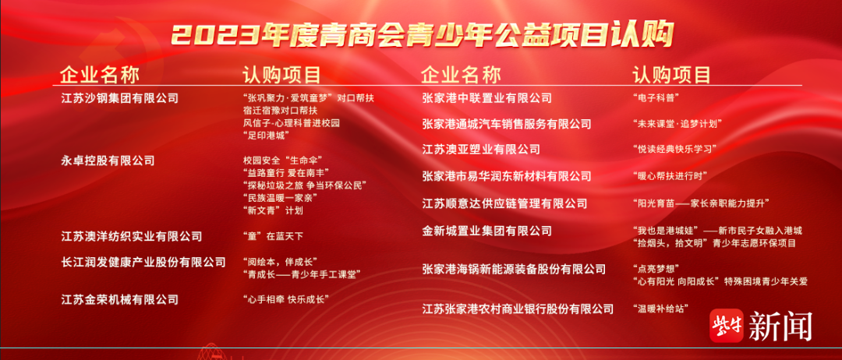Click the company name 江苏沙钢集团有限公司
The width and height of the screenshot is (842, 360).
point(120,99)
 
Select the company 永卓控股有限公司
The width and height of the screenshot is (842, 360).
point(108,161)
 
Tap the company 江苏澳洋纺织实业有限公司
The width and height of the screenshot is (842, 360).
point(132,236)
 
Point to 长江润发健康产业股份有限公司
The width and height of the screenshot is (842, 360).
point(143,263)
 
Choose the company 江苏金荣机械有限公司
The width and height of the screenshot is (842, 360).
point(120,299)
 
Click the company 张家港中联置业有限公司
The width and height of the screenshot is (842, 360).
point(487,98)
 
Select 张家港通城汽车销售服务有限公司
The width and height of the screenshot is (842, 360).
point(507,124)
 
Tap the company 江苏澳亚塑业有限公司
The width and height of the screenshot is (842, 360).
point(481,149)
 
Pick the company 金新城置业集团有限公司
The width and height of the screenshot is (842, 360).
point(487,231)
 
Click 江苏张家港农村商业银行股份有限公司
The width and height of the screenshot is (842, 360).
point(518,309)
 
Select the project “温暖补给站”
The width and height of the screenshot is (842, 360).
point(660,309)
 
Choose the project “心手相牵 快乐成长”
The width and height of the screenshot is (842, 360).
point(285,299)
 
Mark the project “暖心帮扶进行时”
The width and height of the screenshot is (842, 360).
point(670,176)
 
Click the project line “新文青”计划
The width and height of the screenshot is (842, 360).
point(273,210)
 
